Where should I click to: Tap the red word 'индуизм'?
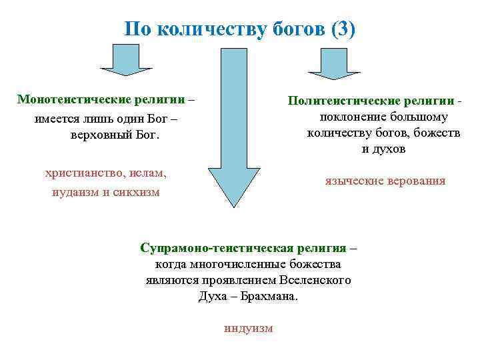pyautogui.click(x=249, y=329)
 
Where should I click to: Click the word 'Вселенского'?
pyautogui.click(x=317, y=280)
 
